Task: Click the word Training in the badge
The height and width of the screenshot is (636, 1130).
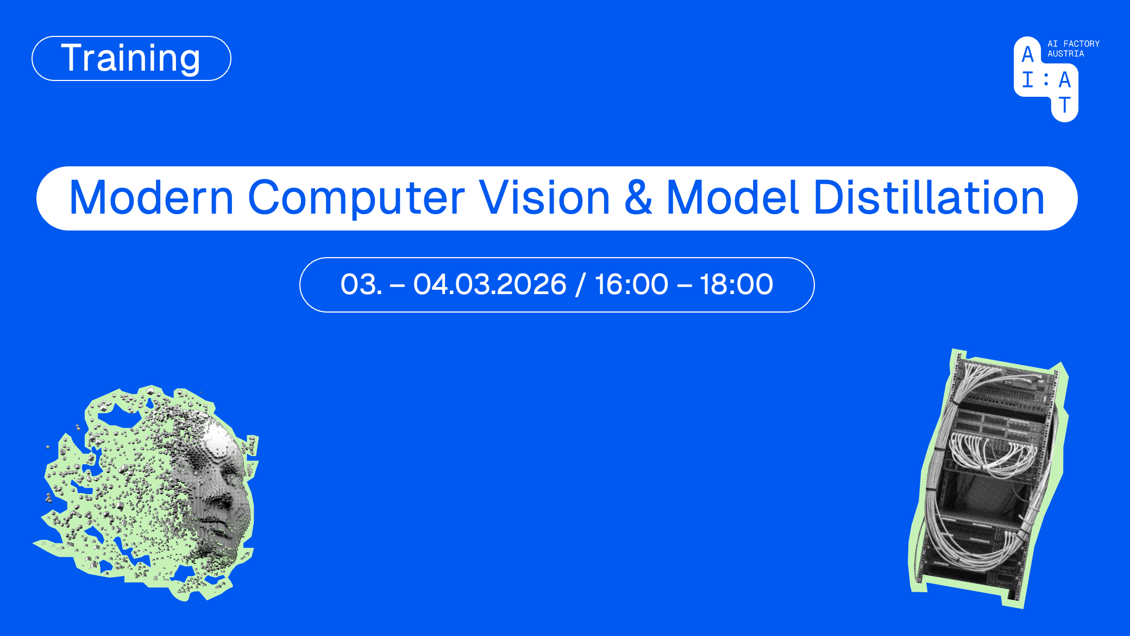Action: click(130, 59)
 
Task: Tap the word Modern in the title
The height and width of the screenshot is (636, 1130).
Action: click(152, 197)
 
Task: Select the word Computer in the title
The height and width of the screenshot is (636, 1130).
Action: click(356, 198)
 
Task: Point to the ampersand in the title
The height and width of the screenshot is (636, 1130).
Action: click(638, 197)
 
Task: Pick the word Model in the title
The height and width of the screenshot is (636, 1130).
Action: click(732, 197)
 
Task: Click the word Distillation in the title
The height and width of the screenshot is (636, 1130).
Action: click(928, 197)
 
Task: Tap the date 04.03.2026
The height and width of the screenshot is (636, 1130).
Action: click(489, 284)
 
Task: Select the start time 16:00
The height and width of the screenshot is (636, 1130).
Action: click(631, 284)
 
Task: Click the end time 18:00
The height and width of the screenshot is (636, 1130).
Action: click(736, 284)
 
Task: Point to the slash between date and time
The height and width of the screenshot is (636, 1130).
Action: click(581, 285)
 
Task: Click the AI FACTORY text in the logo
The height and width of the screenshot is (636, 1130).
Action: click(1073, 43)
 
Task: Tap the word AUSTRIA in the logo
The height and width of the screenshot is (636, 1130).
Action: click(1065, 54)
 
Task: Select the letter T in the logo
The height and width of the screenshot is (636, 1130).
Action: click(1064, 105)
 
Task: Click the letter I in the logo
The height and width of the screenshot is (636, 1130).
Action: click(1027, 80)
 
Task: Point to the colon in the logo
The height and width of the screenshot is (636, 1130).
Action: click(1046, 80)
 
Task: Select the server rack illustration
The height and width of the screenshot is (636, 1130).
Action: click(989, 478)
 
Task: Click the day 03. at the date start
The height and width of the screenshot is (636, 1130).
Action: click(361, 284)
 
